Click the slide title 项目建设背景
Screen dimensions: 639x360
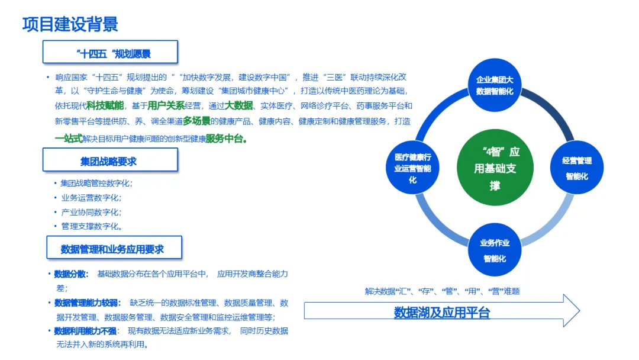(70, 24)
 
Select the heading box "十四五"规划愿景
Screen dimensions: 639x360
(110, 52)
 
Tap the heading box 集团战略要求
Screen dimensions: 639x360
(110, 160)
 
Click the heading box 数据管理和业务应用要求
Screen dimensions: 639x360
(114, 249)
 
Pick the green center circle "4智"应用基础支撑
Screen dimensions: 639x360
(495, 169)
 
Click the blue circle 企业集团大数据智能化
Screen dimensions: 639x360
(495, 85)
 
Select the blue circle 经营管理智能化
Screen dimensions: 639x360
(576, 168)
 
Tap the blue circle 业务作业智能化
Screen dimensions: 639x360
(495, 250)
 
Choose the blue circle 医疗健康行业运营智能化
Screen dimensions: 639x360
(413, 168)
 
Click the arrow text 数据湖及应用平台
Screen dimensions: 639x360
(442, 312)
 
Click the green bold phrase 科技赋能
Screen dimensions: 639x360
(105, 105)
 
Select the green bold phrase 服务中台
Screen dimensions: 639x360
(225, 139)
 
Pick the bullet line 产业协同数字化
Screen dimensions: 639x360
(91, 212)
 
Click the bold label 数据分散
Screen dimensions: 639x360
(70, 274)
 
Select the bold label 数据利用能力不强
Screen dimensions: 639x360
(86, 331)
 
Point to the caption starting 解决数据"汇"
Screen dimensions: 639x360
(442, 291)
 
